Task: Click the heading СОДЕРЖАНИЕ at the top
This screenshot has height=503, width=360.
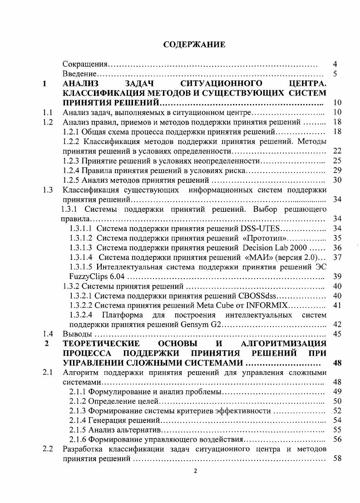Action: [194, 45]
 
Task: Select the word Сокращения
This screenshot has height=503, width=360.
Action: [84, 64]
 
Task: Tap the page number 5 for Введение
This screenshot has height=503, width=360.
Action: [335, 74]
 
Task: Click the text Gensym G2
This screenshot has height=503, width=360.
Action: [205, 324]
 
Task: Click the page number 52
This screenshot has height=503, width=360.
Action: [337, 411]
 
